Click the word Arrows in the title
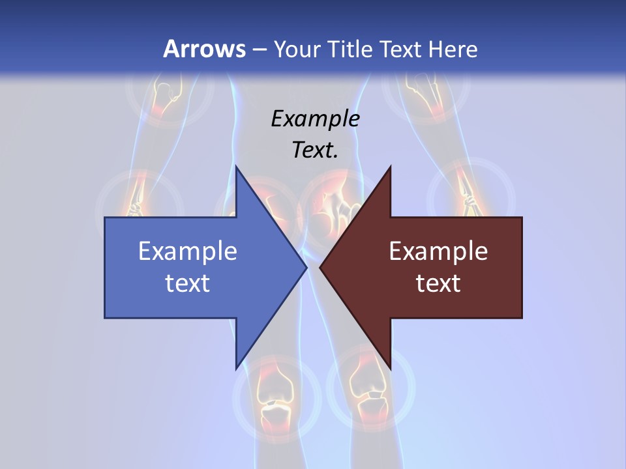point(204,49)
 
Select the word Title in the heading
point(355,50)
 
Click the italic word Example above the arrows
point(315,119)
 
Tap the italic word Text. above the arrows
point(315,150)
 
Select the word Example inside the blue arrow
point(188,251)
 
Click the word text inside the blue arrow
point(188,283)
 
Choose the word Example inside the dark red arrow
point(438,251)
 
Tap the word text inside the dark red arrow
point(438,283)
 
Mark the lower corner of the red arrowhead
point(390,367)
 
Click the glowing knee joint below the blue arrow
point(276,397)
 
